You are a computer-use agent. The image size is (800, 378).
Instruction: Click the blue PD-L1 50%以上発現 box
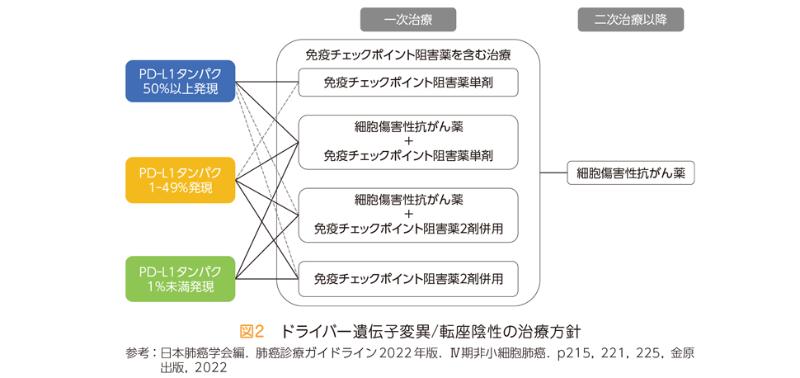point(180,81)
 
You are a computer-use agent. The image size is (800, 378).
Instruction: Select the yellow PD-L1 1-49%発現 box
point(180,180)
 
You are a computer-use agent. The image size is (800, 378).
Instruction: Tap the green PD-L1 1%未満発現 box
point(180,279)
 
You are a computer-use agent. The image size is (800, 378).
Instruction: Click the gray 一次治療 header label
point(408,21)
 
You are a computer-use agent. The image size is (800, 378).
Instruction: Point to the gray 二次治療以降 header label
point(631,21)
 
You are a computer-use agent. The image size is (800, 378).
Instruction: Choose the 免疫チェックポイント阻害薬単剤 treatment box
point(408,83)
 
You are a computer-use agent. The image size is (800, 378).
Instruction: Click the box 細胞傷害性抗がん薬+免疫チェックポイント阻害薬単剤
point(408,142)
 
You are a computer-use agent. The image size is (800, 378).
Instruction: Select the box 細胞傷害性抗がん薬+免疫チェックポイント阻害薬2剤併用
point(408,215)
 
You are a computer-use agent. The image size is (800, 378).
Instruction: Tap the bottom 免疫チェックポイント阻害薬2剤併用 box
point(408,279)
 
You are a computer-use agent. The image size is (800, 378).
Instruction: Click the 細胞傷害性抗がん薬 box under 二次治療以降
point(631,173)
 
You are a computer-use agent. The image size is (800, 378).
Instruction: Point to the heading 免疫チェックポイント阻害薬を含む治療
point(408,54)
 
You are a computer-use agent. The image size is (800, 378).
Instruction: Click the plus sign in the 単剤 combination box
point(408,142)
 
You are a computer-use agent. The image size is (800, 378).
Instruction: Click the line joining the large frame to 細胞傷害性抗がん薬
point(553,173)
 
